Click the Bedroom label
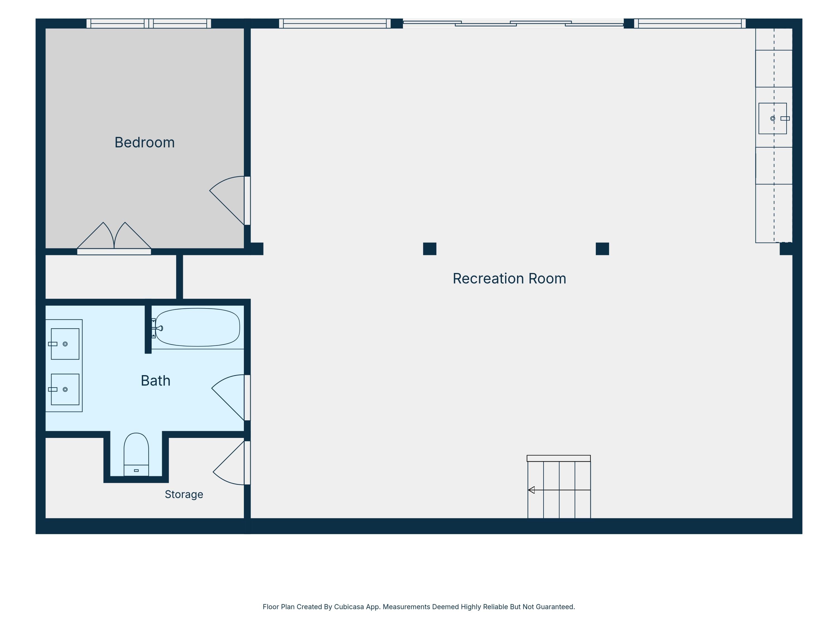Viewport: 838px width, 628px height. pos(144,143)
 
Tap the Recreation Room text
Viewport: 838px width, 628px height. pos(509,279)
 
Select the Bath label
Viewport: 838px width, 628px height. pos(155,380)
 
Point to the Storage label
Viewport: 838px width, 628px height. pos(184,494)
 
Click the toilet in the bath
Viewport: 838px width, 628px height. pos(136,454)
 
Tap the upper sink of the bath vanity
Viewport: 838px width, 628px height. pos(65,344)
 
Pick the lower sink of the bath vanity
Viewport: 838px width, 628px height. pos(65,389)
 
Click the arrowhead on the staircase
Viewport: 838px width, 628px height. pos(531,490)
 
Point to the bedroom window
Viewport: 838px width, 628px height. pos(149,23)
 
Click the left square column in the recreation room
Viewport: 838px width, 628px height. pos(430,249)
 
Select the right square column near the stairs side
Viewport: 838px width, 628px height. pos(602,249)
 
